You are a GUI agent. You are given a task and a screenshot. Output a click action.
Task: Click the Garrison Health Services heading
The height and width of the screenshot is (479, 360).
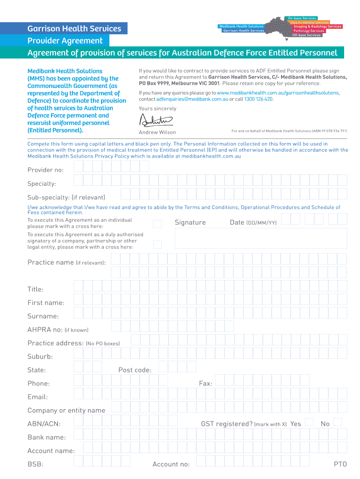pyautogui.click(x=74, y=29)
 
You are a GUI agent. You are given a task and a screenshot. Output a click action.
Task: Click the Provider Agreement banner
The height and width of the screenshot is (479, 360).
pyautogui.click(x=65, y=41)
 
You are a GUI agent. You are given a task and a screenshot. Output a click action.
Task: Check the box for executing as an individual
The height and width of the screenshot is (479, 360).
pyautogui.click(x=158, y=224)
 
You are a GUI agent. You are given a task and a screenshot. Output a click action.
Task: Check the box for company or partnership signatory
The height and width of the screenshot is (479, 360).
pyautogui.click(x=158, y=244)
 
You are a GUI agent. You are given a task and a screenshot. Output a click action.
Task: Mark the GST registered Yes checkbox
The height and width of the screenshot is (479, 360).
pyautogui.click(x=309, y=422)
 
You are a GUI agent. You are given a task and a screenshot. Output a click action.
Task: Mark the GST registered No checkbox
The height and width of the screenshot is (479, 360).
pyautogui.click(x=338, y=422)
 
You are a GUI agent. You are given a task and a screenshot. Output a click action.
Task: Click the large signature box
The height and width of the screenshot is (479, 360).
pyautogui.click(x=260, y=239)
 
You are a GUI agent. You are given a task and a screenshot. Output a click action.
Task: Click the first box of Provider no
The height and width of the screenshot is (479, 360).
pyautogui.click(x=79, y=167)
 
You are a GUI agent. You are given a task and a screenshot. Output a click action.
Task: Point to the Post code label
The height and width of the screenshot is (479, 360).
pyautogui.click(x=135, y=370)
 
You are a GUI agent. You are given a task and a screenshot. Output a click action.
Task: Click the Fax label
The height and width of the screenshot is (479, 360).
pyautogui.click(x=206, y=384)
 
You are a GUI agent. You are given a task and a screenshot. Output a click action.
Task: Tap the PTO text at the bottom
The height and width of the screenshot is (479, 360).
pyautogui.click(x=340, y=464)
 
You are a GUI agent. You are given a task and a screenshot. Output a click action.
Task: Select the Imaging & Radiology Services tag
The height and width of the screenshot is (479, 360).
pyautogui.click(x=317, y=27)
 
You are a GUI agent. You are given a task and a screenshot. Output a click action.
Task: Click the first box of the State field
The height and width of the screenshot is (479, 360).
pyautogui.click(x=79, y=367)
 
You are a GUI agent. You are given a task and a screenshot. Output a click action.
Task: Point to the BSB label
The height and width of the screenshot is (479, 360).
pyautogui.click(x=35, y=464)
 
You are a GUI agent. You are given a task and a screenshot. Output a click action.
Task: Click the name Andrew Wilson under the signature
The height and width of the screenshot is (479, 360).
pyautogui.click(x=158, y=132)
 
